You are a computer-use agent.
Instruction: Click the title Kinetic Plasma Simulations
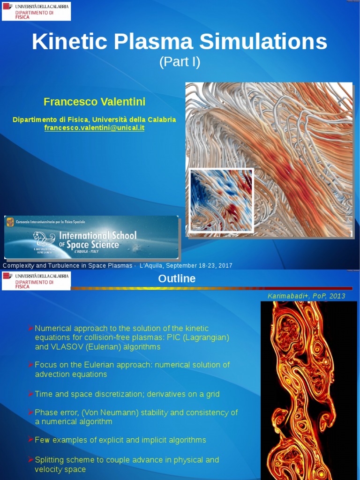pos(180,42)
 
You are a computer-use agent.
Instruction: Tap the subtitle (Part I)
pos(180,62)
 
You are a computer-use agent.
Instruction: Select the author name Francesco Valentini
pos(94,102)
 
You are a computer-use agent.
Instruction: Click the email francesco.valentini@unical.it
pos(94,127)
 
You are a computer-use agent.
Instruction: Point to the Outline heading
pos(177,278)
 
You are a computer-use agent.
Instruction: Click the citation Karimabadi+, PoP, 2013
pos(306,296)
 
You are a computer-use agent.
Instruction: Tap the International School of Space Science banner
pos(91,237)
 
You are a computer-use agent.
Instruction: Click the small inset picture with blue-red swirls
pos(221,200)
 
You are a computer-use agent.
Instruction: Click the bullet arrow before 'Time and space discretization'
pos(31,394)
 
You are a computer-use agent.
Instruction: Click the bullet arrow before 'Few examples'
pos(31,440)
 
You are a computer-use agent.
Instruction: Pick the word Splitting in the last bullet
pos(50,460)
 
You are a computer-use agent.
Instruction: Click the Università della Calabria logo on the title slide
pos(37,11)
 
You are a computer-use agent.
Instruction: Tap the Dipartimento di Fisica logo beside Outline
pos(37,281)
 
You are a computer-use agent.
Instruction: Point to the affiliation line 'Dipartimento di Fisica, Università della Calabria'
pos(94,120)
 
